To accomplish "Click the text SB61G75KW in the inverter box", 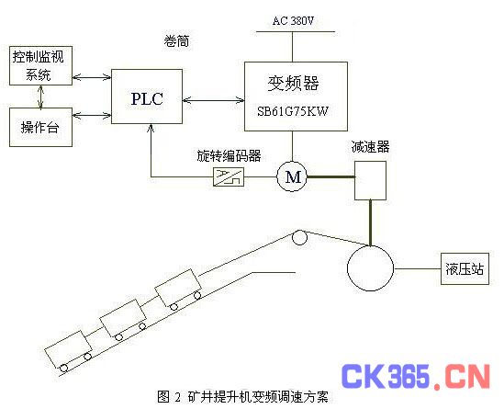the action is (x=293, y=111).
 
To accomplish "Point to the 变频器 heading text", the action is (x=293, y=83).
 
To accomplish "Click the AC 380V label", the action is (x=293, y=21).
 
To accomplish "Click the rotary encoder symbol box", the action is (x=229, y=176).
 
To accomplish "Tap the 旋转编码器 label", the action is (x=229, y=155).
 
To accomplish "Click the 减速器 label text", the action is (x=370, y=147).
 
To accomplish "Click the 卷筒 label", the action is (x=176, y=41).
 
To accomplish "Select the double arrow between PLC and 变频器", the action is (x=213, y=101).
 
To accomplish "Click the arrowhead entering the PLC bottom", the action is (x=151, y=128).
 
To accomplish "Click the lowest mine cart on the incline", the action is (x=68, y=351).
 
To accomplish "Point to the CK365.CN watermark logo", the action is (x=415, y=376).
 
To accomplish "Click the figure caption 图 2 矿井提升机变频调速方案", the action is (x=242, y=396).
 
